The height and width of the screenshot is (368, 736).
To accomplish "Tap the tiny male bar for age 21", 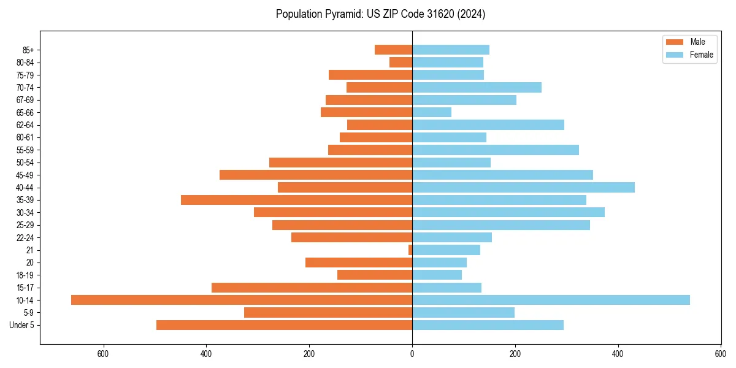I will [410, 250].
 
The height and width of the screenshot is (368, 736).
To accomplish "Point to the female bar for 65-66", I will [432, 112].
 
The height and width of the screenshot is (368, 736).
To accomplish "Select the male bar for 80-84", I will [401, 63].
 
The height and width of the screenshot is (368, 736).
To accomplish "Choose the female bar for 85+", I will [451, 50].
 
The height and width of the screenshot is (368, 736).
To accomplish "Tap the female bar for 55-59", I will [496, 150].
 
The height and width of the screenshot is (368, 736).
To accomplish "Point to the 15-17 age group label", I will [25, 288].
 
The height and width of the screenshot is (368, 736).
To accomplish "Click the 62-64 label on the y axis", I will [25, 125].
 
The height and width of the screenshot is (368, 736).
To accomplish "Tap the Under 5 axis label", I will [21, 325].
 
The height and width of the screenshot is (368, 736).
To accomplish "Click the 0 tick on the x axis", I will [412, 354].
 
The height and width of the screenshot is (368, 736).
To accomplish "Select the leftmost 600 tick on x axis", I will [103, 354].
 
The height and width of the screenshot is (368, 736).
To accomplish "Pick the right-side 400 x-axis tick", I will [618, 354].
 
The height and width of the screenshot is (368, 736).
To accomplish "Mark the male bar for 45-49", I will [316, 175].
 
